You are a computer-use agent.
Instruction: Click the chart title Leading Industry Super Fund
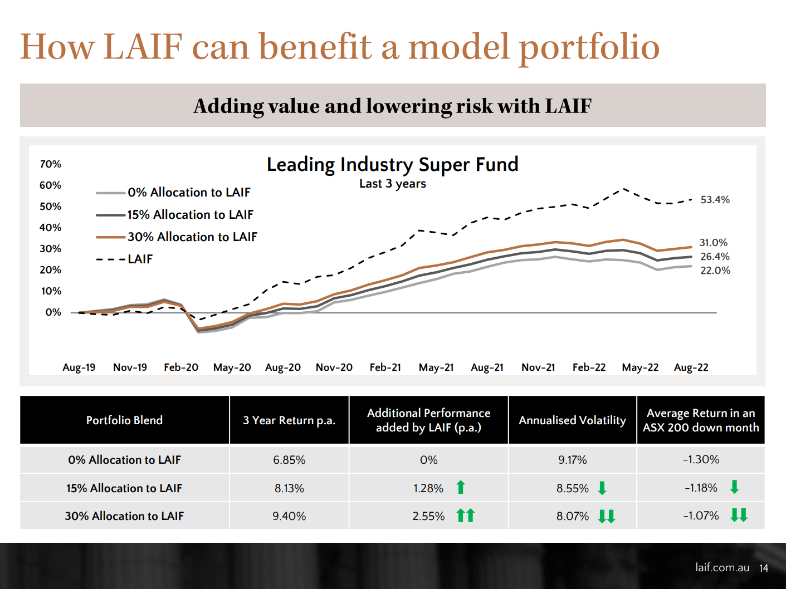392,165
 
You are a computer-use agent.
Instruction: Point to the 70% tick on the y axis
51,164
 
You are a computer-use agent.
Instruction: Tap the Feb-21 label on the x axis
385,367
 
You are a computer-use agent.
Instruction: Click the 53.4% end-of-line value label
715,200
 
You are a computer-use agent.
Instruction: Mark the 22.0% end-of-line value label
715,271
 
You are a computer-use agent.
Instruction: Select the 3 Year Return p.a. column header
289,420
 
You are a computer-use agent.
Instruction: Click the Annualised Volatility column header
572,420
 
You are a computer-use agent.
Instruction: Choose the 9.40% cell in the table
289,516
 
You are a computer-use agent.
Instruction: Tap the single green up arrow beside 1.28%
461,488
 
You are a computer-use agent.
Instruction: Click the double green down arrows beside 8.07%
607,516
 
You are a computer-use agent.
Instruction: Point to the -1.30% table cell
701,460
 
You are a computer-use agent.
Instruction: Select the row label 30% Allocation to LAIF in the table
124,516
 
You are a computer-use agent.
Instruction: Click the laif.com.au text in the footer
722,567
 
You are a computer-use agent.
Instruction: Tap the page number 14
764,568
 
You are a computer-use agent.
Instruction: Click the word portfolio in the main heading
589,47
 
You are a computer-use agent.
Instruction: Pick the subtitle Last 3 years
392,184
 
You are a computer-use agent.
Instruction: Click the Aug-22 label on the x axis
691,367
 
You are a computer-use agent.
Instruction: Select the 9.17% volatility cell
572,460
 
